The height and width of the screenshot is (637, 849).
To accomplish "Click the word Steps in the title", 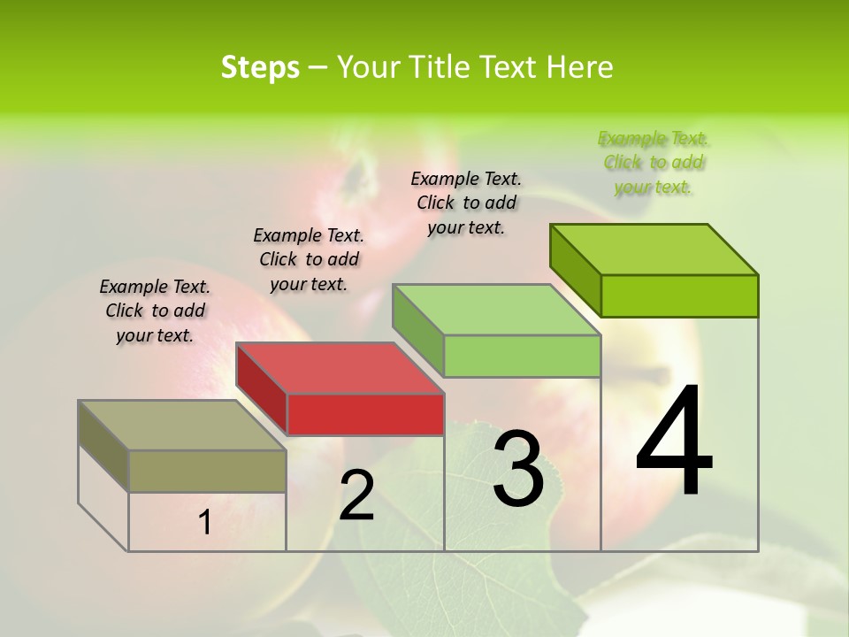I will [x=260, y=67].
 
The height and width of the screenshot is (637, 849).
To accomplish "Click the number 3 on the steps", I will [x=518, y=468].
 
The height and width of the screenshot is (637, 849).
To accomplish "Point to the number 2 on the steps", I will [x=357, y=495].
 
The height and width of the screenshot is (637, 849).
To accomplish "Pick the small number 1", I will [x=205, y=523].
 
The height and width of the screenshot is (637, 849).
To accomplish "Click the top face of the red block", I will [x=340, y=367].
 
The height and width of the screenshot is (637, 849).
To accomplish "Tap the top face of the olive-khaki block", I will [x=182, y=425].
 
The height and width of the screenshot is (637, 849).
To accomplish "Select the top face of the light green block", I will [x=496, y=310].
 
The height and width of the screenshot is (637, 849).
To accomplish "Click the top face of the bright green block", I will [x=654, y=249].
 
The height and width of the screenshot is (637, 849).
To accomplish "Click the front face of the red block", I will [x=365, y=414].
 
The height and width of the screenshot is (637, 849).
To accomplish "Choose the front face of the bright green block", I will [x=679, y=295].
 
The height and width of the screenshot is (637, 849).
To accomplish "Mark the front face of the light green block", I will [x=522, y=357].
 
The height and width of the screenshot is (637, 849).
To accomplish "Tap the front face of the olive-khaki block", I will [x=207, y=471].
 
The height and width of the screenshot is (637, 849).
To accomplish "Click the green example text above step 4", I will [x=653, y=163].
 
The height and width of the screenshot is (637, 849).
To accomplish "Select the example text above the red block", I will [x=309, y=259].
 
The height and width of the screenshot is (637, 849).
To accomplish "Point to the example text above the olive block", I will [x=155, y=311].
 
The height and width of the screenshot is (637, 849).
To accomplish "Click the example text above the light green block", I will [x=466, y=203].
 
